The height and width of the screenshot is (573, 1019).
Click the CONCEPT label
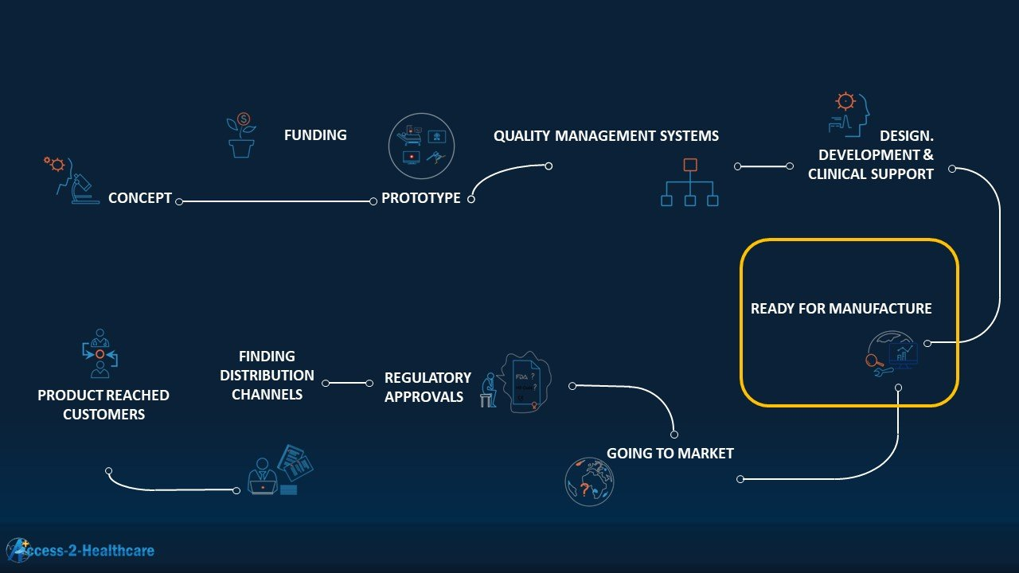click(140, 198)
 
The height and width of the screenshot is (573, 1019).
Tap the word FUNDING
click(315, 135)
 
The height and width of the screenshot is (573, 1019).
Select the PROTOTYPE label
click(420, 198)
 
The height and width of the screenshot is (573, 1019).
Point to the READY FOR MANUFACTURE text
click(841, 309)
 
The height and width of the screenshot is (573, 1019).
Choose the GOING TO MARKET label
click(670, 454)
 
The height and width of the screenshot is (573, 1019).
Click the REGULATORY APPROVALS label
click(428, 387)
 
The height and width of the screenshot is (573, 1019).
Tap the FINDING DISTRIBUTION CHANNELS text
click(267, 375)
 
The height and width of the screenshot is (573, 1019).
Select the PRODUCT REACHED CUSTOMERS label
click(103, 404)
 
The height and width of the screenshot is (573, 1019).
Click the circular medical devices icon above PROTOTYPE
click(421, 146)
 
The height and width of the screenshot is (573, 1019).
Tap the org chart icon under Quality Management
click(689, 183)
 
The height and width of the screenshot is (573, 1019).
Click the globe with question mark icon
click(589, 482)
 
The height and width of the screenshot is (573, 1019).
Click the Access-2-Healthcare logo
click(80, 550)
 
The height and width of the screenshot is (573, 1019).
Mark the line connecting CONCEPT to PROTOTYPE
click(276, 201)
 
